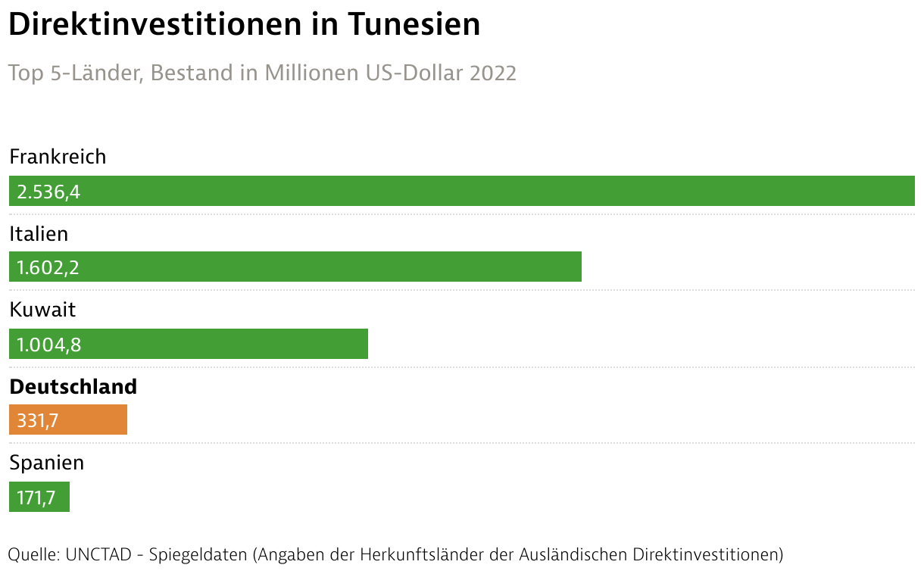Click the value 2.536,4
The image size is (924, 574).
point(48,192)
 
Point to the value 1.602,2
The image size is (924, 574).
point(48,268)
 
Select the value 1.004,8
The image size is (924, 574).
point(48,345)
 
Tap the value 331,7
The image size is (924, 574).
point(37,420)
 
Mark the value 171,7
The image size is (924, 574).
point(36,498)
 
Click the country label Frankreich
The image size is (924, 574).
point(58,157)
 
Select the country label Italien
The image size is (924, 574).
point(39,234)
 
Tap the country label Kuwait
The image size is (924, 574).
point(42,310)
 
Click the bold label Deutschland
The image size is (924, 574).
point(73,386)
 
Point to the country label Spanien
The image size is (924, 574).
point(46,463)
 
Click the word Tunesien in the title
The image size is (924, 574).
point(414,24)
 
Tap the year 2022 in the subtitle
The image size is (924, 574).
point(493,73)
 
